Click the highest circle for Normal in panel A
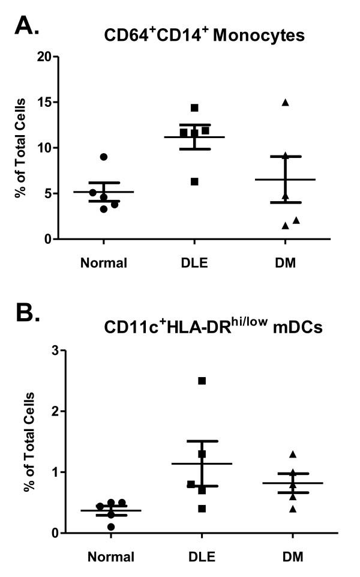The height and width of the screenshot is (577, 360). click(104, 157)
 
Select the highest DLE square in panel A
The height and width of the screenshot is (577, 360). click(194, 108)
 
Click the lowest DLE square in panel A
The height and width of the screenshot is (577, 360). click(194, 181)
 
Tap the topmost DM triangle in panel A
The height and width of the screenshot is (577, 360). click(286, 103)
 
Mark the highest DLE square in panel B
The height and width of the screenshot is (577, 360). click(202, 381)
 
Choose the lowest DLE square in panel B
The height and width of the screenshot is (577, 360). click(202, 509)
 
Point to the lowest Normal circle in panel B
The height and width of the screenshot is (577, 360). click(111, 527)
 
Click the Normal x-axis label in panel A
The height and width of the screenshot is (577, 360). click(103, 263)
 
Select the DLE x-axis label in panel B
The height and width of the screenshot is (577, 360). click(202, 557)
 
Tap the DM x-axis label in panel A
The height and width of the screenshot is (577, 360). click(285, 263)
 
